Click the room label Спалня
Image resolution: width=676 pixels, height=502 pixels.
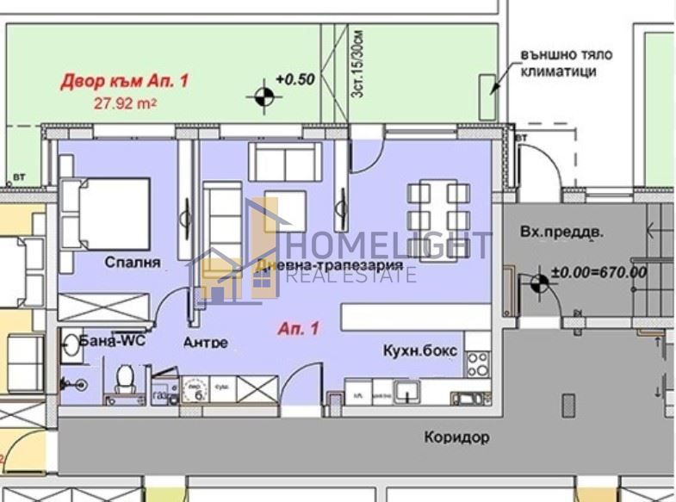(133, 262)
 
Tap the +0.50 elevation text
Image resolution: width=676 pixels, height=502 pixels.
(294, 79)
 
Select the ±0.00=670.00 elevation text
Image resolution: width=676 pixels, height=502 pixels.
(598, 272)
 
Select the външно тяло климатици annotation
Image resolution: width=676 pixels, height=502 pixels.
(564, 63)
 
